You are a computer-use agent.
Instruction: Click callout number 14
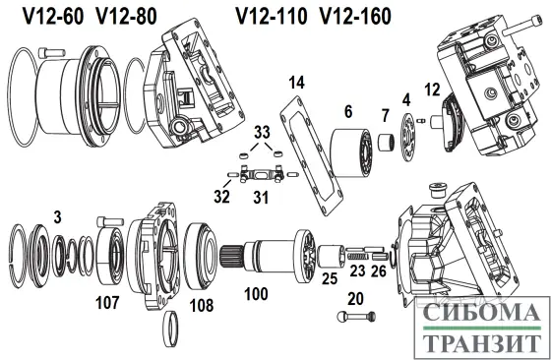297,80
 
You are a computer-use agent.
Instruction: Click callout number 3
58,214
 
